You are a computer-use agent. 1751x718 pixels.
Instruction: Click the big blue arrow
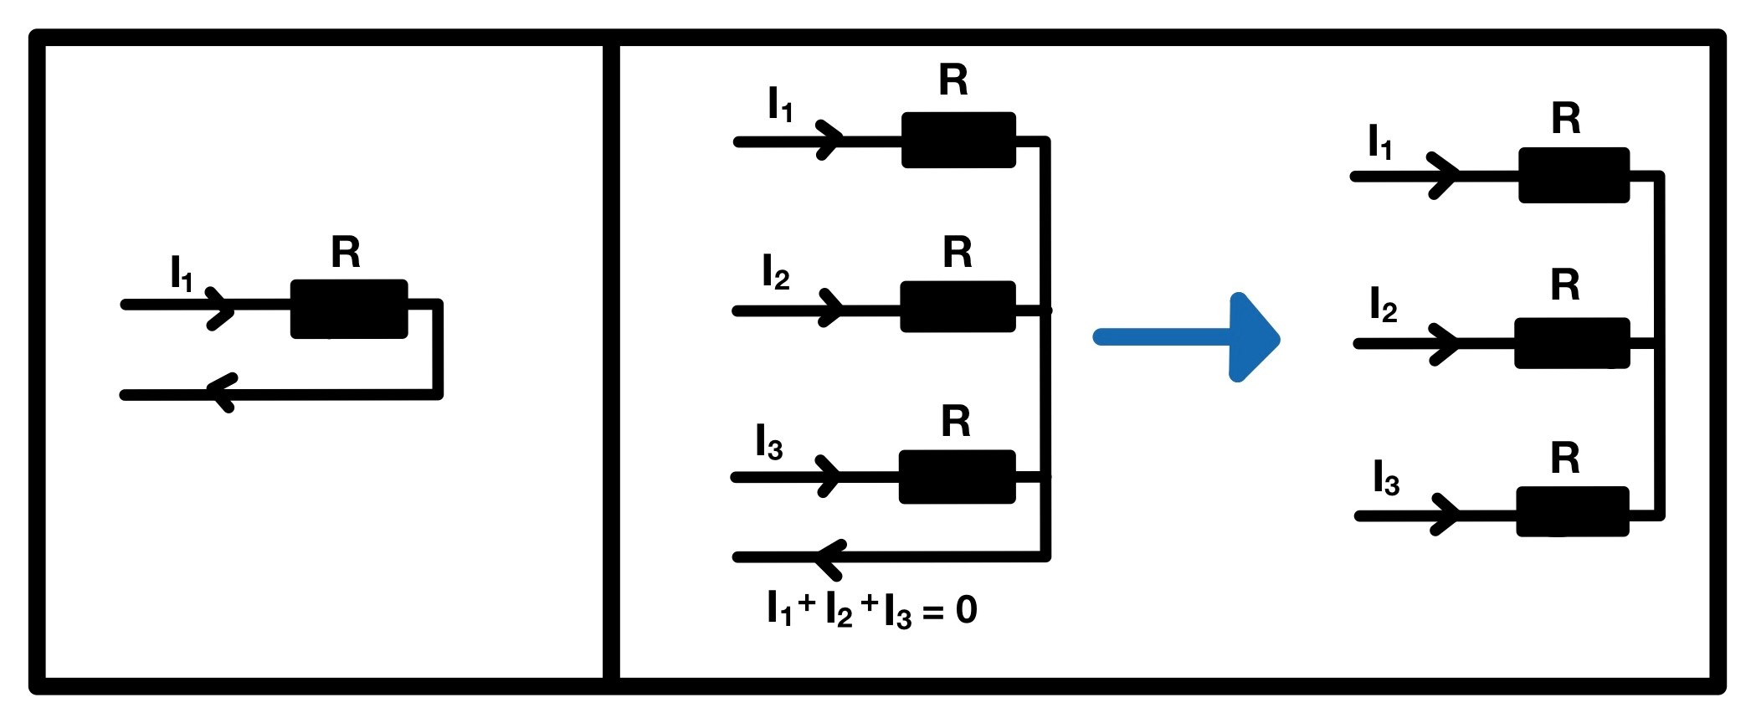coord(1189,337)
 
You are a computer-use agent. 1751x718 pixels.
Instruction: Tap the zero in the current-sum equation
coord(966,610)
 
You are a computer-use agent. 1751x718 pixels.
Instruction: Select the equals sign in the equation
coord(933,613)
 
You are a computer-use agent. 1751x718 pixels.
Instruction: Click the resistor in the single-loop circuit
coord(349,309)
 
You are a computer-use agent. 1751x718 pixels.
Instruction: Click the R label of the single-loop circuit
coord(346,252)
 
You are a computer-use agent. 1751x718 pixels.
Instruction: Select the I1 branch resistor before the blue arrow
coord(958,140)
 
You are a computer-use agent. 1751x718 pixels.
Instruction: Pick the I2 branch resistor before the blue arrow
coord(958,306)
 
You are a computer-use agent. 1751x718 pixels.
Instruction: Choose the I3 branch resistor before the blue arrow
coord(957,476)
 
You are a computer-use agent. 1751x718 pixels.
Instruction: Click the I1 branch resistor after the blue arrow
coord(1574,175)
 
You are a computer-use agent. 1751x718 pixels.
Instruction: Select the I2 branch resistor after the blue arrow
coord(1572,342)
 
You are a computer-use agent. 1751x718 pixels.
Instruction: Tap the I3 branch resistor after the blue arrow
coord(1573,510)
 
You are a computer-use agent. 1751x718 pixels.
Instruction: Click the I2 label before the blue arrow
coord(776,274)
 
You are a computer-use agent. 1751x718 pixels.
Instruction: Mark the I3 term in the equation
coord(897,612)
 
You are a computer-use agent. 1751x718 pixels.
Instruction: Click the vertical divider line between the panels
coord(611,360)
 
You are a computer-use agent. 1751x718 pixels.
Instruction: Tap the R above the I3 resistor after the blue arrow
coord(1565,459)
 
